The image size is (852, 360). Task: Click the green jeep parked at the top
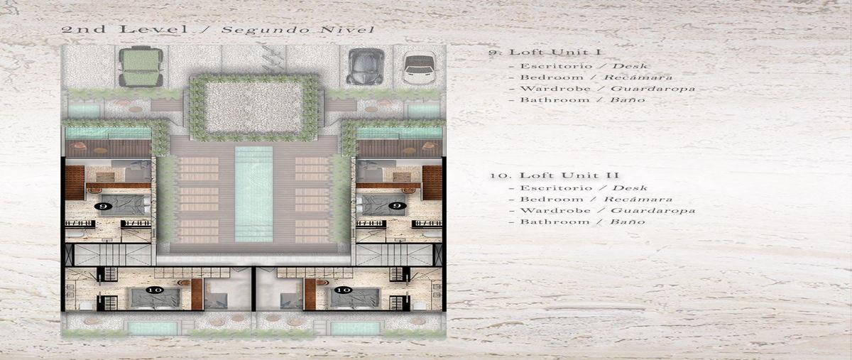pos(141,67)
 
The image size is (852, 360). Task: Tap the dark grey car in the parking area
pos(365,67)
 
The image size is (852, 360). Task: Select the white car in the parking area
pos(419,70)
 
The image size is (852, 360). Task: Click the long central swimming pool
pos(253,194)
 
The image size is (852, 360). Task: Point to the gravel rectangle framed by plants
pos(253,108)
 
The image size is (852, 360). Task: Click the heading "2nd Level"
pos(124,29)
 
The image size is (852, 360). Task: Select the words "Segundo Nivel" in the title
pos(297,30)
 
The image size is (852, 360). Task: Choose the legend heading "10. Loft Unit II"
pos(554,175)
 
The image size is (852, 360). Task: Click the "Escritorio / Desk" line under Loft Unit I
pos(578,66)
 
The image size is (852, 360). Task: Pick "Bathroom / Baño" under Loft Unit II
pos(577,222)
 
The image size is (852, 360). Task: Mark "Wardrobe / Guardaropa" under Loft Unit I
pos(602,89)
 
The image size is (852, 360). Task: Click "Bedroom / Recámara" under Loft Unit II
pos(590,199)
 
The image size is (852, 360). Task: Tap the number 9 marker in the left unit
pos(103,206)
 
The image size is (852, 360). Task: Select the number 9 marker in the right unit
pos(397,205)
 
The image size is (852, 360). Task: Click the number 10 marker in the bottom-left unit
pos(155,290)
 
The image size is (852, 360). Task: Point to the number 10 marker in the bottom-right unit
pos(344,290)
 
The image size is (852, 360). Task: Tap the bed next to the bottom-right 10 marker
pos(355,298)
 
